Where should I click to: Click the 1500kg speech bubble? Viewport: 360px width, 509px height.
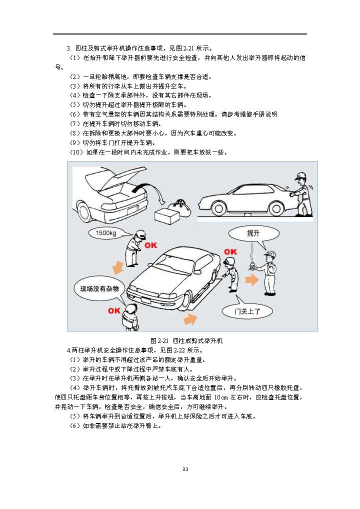(106, 232)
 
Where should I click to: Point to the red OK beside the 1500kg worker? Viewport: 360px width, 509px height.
(150, 245)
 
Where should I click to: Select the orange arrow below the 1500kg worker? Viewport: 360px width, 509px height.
(118, 267)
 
